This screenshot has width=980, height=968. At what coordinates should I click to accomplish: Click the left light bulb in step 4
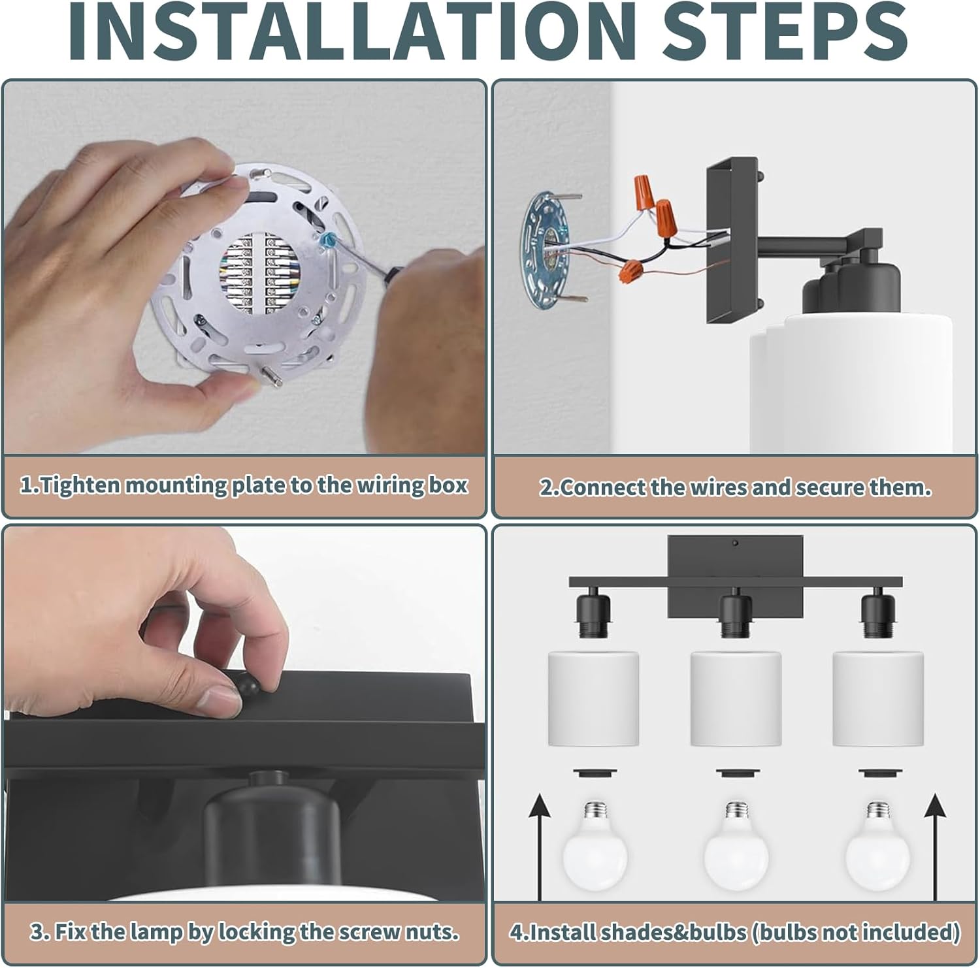tap(595, 845)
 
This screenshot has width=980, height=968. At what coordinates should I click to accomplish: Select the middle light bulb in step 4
tap(736, 845)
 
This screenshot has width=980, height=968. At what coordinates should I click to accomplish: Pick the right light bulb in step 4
tap(878, 845)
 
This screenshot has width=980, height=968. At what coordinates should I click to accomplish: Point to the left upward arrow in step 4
tap(540, 847)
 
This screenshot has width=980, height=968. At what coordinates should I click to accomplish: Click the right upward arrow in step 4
tap(936, 847)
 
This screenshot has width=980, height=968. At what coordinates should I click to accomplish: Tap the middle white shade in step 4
tap(736, 698)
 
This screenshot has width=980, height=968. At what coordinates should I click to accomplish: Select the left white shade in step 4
tap(593, 698)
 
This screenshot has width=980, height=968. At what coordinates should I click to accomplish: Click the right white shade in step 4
tap(878, 698)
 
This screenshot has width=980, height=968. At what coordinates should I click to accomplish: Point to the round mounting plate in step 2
tap(547, 245)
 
